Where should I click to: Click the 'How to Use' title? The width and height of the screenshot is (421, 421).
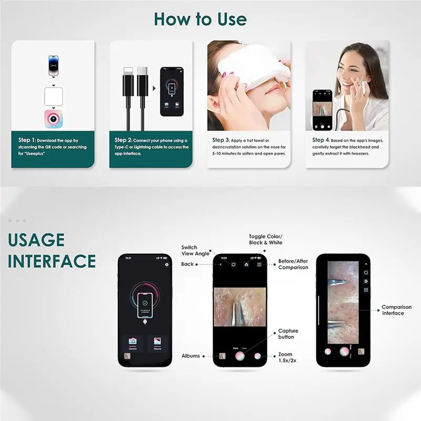click(x=200, y=19)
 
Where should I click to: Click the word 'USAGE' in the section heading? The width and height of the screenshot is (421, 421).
click(x=36, y=240)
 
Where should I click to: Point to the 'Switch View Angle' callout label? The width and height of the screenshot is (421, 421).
click(x=189, y=250)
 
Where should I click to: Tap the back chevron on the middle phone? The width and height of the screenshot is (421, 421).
click(x=221, y=265)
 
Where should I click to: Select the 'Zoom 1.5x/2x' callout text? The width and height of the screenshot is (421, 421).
click(x=286, y=358)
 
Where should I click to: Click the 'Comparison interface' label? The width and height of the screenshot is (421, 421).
click(x=393, y=310)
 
